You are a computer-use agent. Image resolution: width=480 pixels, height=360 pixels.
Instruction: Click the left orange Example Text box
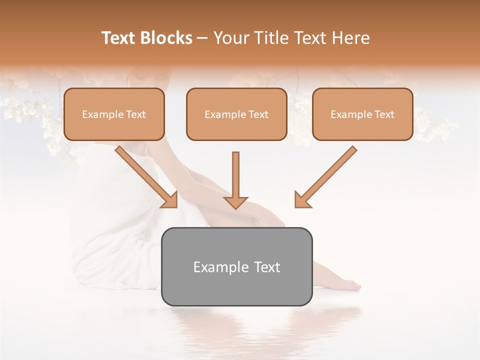click(x=114, y=114)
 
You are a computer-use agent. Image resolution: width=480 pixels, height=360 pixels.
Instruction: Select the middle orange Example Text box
click(x=236, y=114)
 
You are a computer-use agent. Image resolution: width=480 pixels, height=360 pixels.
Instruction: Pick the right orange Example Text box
click(x=362, y=114)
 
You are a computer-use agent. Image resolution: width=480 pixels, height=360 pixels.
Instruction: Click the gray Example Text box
click(x=236, y=266)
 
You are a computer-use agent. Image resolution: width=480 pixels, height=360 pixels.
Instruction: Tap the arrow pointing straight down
click(x=235, y=180)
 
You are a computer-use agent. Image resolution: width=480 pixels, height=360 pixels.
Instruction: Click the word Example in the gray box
click(x=214, y=267)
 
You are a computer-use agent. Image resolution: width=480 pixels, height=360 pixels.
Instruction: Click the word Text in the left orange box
click(x=136, y=114)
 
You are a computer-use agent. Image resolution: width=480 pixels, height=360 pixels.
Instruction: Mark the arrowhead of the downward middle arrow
click(x=235, y=202)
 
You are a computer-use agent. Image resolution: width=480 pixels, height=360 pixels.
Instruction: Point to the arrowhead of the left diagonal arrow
click(x=169, y=200)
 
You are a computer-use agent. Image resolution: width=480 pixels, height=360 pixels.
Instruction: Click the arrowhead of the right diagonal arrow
click(x=302, y=200)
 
